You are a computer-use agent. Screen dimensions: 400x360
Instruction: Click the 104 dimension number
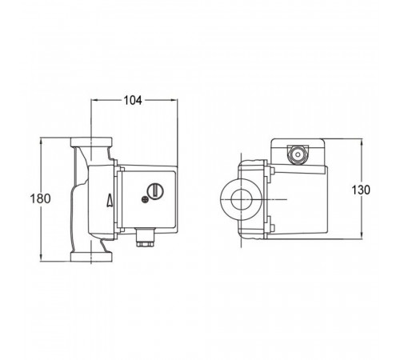(133, 101)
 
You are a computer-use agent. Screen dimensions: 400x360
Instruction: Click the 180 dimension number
(40, 198)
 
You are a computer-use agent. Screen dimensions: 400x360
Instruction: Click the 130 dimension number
(361, 190)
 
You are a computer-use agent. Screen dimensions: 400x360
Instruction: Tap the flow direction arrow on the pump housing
(110, 200)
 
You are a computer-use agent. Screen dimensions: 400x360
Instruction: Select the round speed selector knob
(155, 191)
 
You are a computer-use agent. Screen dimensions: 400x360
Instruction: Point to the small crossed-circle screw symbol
(145, 199)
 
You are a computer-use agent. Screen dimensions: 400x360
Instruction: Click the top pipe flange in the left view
(91, 142)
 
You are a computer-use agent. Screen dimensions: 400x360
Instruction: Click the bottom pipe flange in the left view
(91, 257)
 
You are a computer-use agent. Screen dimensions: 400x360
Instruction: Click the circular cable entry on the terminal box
(297, 154)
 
